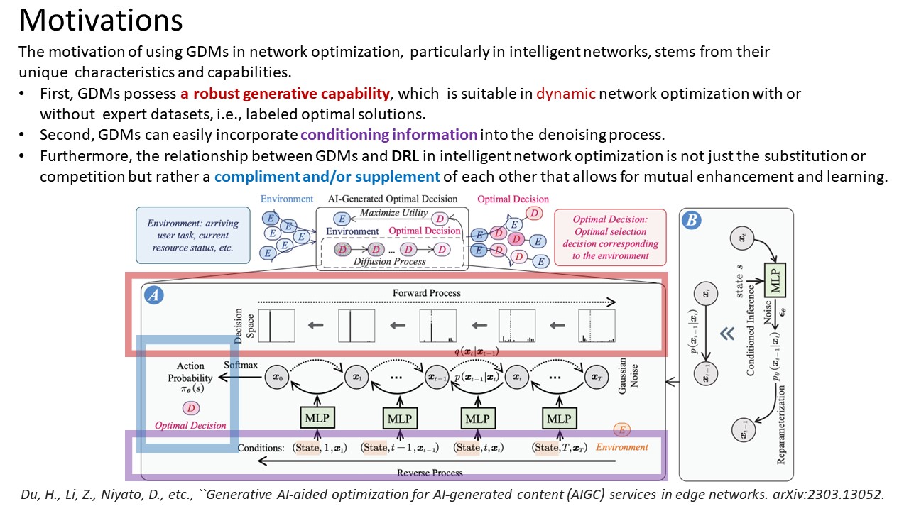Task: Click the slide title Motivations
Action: (100, 21)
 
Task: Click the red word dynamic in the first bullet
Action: (566, 94)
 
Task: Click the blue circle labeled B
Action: (690, 219)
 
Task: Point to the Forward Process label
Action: (426, 292)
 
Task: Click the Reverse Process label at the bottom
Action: (430, 472)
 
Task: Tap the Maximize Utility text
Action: (393, 213)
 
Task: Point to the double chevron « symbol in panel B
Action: (726, 333)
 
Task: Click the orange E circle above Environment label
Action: (621, 430)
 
